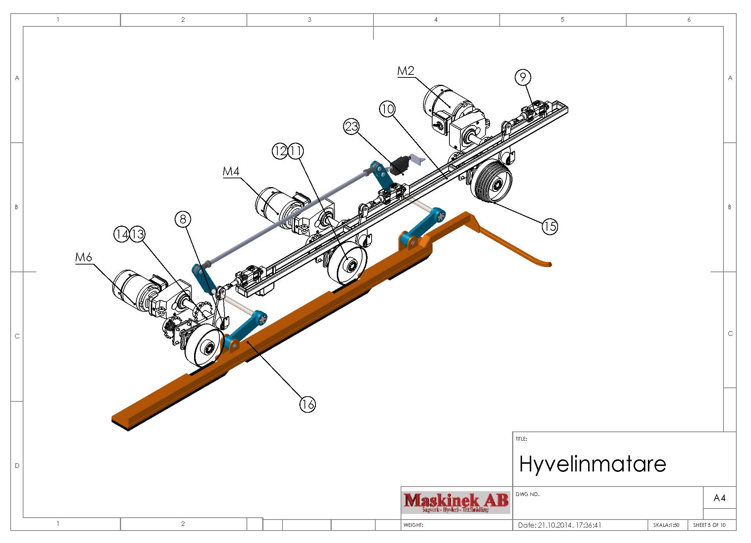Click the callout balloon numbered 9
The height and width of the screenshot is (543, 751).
pyautogui.click(x=523, y=77)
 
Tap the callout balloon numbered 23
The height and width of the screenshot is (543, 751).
pyautogui.click(x=351, y=127)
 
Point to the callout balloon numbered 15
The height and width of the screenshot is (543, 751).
pyautogui.click(x=550, y=226)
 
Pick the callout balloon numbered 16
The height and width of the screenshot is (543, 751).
pyautogui.click(x=307, y=404)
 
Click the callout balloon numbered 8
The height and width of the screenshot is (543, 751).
pyautogui.click(x=183, y=219)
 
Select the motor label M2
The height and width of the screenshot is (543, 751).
pyautogui.click(x=406, y=71)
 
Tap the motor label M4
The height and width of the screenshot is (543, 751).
pyautogui.click(x=231, y=171)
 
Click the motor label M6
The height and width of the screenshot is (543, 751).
pyautogui.click(x=84, y=257)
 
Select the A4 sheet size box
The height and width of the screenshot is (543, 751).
pyautogui.click(x=719, y=498)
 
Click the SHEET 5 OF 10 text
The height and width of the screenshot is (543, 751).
pyautogui.click(x=709, y=525)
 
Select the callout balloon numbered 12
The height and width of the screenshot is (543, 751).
pyautogui.click(x=280, y=151)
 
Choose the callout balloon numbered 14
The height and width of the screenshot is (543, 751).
pyautogui.click(x=122, y=234)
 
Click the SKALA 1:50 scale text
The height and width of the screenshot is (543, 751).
pyautogui.click(x=666, y=525)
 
